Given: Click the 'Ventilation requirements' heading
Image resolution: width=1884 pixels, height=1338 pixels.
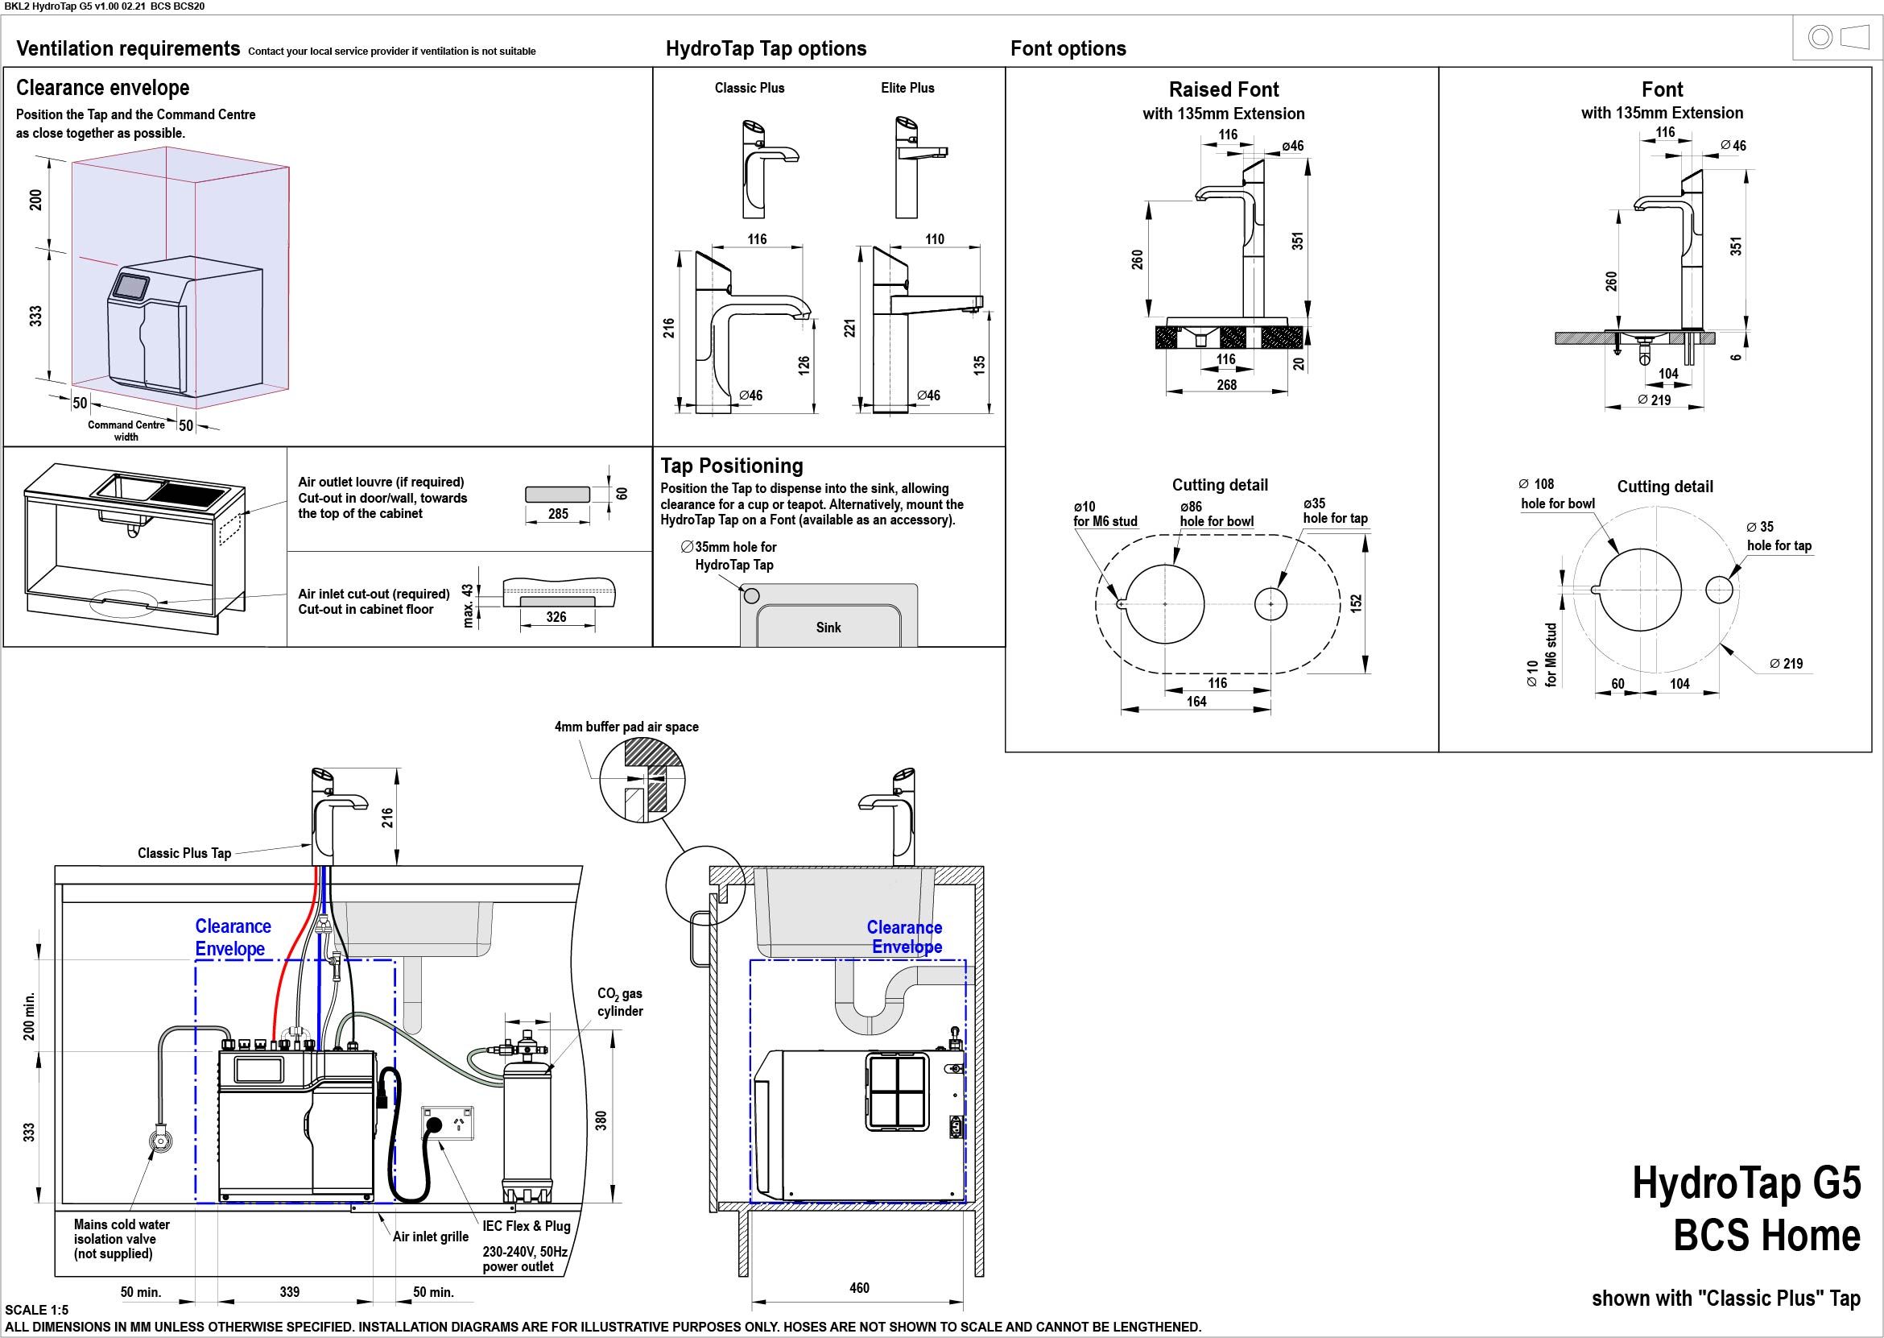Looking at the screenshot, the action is tap(128, 48).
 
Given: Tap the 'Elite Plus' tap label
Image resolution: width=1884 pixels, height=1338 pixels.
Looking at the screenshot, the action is tap(907, 88).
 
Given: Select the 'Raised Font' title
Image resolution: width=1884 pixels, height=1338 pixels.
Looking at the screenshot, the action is tap(1224, 89).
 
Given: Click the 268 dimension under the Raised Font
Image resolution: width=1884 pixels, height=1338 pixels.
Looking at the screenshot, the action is tap(1226, 385).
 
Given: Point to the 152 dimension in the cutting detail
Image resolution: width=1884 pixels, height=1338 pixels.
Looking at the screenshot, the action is tap(1356, 604).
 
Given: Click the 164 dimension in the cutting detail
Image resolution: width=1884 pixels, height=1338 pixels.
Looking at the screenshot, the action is tap(1196, 701).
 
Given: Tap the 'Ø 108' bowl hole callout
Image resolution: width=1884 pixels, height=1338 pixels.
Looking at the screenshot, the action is tap(1536, 483).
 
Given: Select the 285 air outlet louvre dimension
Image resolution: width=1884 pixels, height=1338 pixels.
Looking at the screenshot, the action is tap(558, 514).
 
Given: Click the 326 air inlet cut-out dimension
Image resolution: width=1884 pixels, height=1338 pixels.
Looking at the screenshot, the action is tap(556, 617).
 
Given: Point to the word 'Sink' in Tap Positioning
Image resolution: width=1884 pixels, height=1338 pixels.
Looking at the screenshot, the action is tap(828, 628).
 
